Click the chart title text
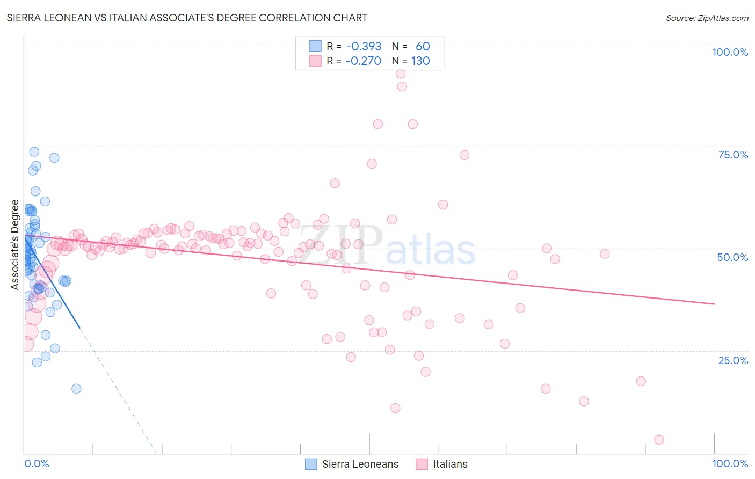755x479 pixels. [x=187, y=18]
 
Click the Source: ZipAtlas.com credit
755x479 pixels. [x=707, y=18]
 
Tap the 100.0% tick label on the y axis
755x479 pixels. [x=730, y=52]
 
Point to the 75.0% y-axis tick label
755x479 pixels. [x=733, y=155]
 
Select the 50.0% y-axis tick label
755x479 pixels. [x=732, y=257]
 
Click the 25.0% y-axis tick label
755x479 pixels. [x=733, y=360]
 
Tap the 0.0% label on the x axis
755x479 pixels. [x=37, y=463]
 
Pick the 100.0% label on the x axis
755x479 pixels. [x=730, y=463]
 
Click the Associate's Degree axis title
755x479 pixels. [x=15, y=245]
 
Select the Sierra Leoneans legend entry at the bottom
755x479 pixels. [x=360, y=464]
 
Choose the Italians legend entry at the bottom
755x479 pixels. [x=450, y=464]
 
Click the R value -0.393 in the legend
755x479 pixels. [x=364, y=46]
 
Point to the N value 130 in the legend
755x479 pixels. [x=420, y=61]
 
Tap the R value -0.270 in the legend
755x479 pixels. [x=364, y=61]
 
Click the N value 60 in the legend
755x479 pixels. [x=423, y=46]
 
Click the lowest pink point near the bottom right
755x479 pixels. [x=659, y=440]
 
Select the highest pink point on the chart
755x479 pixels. [x=401, y=74]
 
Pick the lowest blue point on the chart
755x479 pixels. [x=76, y=389]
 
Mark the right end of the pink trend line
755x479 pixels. [x=714, y=304]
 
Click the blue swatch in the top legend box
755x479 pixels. [x=315, y=46]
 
